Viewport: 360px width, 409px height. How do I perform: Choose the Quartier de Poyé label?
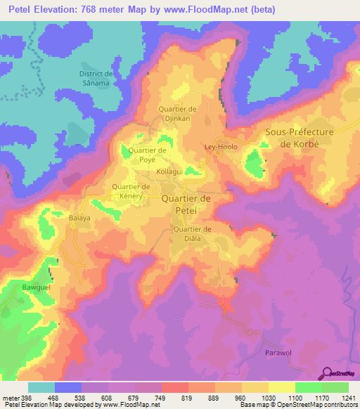coord(147,155)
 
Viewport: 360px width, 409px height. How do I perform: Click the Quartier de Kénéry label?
coord(131,191)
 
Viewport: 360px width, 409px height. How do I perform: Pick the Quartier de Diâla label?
coord(192,234)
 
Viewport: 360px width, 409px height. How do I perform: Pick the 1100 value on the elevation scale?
coord(294,397)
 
